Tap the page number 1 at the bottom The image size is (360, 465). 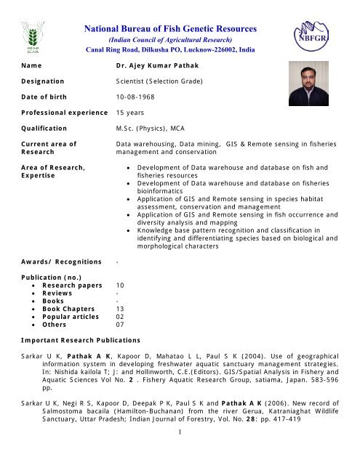(179, 453)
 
